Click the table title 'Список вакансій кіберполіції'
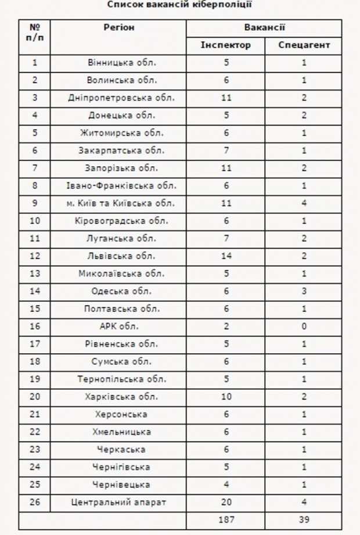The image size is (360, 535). (180, 5)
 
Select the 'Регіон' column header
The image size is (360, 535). (118, 28)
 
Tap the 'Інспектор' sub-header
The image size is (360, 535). (226, 45)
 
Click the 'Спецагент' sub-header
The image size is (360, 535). (304, 45)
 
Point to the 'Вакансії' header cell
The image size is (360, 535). (264, 28)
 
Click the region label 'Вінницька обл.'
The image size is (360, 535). (118, 63)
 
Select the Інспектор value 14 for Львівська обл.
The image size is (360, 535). (226, 256)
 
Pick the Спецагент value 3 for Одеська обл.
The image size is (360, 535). (304, 291)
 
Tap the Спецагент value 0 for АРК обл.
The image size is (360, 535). (304, 326)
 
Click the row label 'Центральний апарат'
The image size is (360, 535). (118, 502)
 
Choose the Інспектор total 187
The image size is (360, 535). (226, 520)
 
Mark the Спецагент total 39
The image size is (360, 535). (304, 520)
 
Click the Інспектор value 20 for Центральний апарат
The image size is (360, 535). (226, 502)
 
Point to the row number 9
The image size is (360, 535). (35, 203)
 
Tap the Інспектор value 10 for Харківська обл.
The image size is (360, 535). (226, 397)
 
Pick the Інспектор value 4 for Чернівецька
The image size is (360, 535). (226, 484)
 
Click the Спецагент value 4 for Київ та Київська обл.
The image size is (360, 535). (304, 203)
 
